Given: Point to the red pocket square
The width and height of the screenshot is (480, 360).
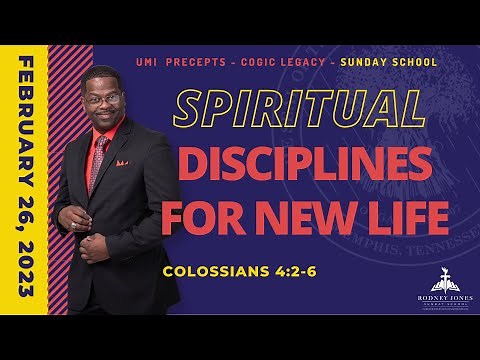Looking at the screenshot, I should pos(122,162).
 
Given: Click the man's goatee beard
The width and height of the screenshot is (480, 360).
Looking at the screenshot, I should pos(106,126).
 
